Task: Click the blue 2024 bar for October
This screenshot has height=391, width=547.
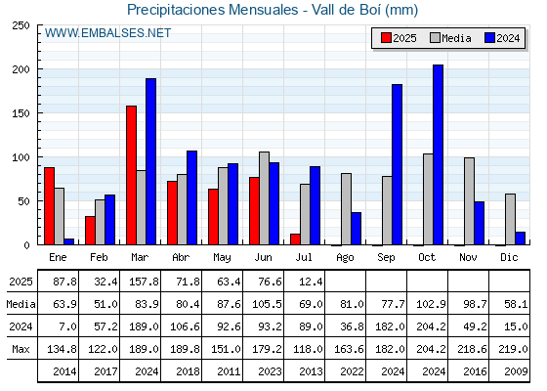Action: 438,154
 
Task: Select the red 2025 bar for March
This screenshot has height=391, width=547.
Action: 131,175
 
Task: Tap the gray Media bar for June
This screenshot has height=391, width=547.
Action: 264,198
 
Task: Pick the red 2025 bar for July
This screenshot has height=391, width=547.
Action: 295,239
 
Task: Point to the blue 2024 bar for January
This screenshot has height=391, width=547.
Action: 69,241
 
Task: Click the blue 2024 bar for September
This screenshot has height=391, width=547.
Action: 397,164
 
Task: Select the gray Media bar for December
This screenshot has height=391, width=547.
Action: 510,219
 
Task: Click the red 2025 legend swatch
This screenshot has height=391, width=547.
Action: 386,38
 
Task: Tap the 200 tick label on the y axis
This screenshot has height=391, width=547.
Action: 21,69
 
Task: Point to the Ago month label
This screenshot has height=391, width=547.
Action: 345,258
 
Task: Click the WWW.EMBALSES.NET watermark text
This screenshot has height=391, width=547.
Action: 107,33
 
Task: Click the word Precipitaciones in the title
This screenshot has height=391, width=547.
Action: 177,10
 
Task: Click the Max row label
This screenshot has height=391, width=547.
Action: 21,349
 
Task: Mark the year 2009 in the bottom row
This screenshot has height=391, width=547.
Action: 516,371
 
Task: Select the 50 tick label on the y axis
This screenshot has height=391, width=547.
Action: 23,201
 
